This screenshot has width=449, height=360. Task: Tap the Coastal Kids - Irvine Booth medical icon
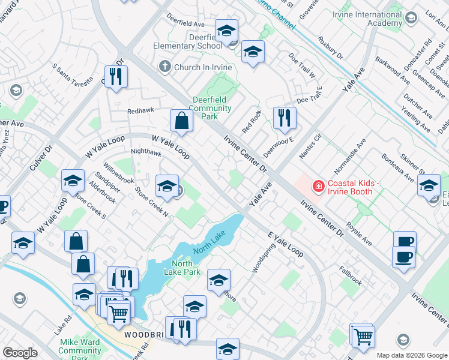(317, 188)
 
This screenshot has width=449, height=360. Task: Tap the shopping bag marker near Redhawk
(181, 122)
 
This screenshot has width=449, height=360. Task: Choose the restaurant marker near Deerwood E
(284, 118)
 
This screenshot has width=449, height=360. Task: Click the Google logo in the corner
(20, 352)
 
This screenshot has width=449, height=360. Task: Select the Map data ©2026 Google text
(411, 355)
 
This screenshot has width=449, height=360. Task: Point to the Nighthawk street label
(146, 153)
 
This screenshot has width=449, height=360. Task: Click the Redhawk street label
(140, 111)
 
